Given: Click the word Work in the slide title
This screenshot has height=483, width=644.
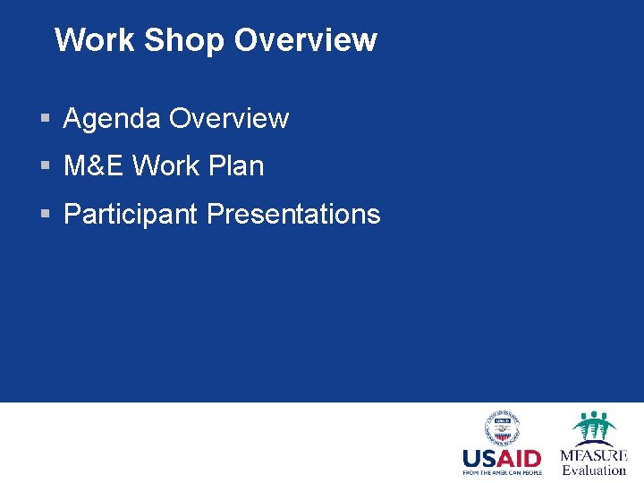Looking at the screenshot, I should click(94, 40).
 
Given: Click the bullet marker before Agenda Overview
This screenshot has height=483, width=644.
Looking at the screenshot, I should click(45, 119).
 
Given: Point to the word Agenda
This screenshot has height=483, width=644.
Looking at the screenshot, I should click(112, 119).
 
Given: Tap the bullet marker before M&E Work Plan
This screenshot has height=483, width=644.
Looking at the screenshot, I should click(45, 166).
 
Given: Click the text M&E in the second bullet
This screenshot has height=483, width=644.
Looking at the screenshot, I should click(94, 166).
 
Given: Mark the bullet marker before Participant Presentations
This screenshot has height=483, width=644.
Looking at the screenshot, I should click(45, 215).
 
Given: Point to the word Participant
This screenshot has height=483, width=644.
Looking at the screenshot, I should click(131, 215).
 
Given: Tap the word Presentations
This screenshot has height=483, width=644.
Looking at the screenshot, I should click(293, 215).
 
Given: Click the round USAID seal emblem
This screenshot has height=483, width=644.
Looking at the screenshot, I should click(502, 428).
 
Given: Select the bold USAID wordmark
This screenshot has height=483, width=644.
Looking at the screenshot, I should click(502, 458).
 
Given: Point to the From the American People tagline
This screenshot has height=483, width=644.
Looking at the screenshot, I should click(502, 472).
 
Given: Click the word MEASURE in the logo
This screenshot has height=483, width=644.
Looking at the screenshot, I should click(594, 455).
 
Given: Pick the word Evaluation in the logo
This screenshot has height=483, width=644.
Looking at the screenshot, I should click(594, 470).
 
